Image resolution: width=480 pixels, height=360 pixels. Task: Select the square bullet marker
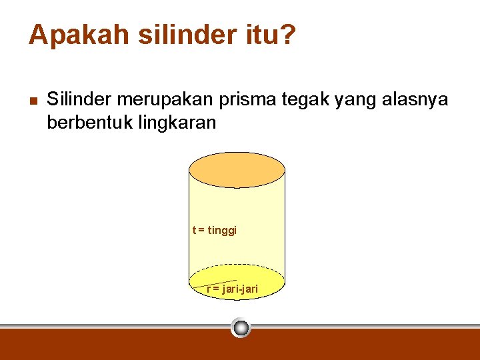point(33,101)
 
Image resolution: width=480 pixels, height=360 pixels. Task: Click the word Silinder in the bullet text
point(79,100)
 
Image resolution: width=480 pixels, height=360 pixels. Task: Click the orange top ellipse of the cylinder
point(237,169)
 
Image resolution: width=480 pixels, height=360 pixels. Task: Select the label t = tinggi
point(215,231)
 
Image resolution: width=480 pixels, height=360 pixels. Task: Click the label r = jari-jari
point(233,289)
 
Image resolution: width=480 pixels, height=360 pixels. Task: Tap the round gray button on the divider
point(241,327)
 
